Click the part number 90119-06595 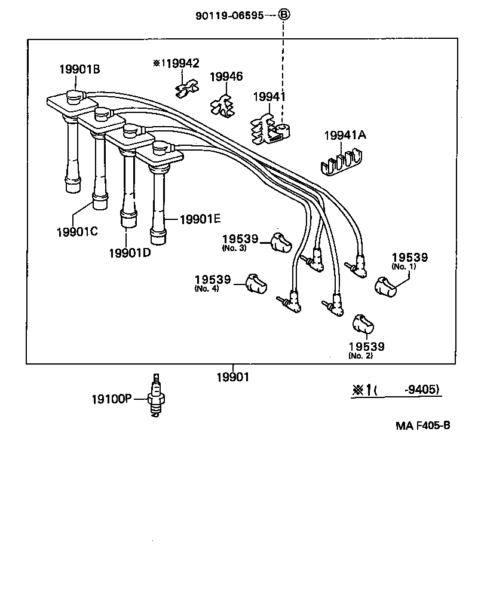pyautogui.click(x=229, y=16)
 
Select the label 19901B pyautogui.click(x=79, y=69)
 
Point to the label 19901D pyautogui.click(x=130, y=252)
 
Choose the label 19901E pyautogui.click(x=200, y=219)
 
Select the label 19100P pyautogui.click(x=111, y=399)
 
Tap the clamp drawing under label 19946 pyautogui.click(x=223, y=105)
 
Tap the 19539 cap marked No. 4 pyautogui.click(x=256, y=282)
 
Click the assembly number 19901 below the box pyautogui.click(x=232, y=377)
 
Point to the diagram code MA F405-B pyautogui.click(x=422, y=426)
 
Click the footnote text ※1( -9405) pyautogui.click(x=395, y=390)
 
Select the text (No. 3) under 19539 pyautogui.click(x=234, y=248)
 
